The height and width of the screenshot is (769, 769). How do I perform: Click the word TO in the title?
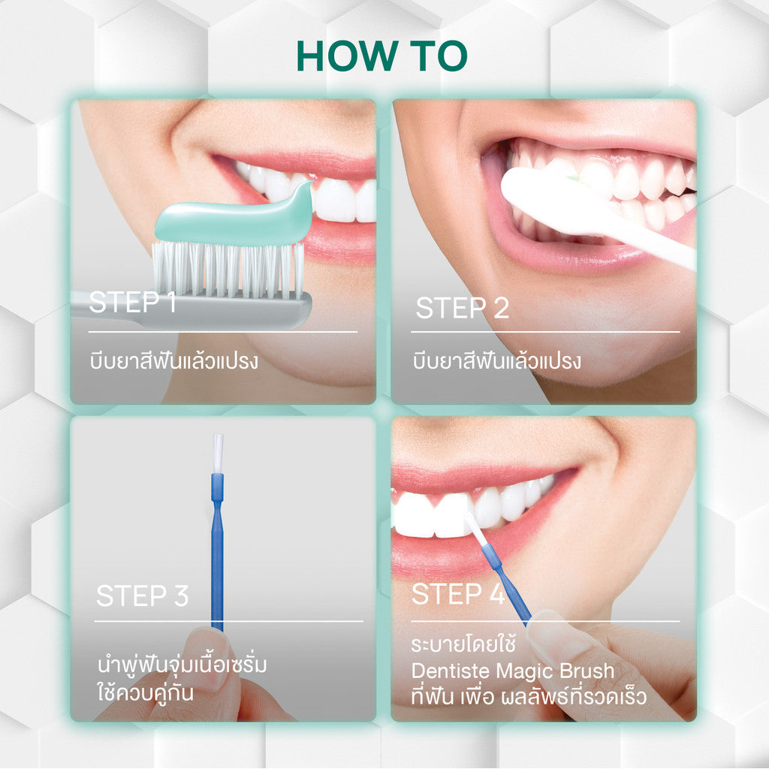pyautogui.click(x=436, y=56)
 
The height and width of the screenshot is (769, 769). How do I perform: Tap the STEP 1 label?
pyautogui.click(x=132, y=303)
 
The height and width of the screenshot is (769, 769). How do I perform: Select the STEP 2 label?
pyautogui.click(x=462, y=308)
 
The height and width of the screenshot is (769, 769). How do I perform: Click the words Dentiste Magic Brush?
pyautogui.click(x=513, y=671)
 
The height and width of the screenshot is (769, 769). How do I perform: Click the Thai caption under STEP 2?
pyautogui.click(x=497, y=361)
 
